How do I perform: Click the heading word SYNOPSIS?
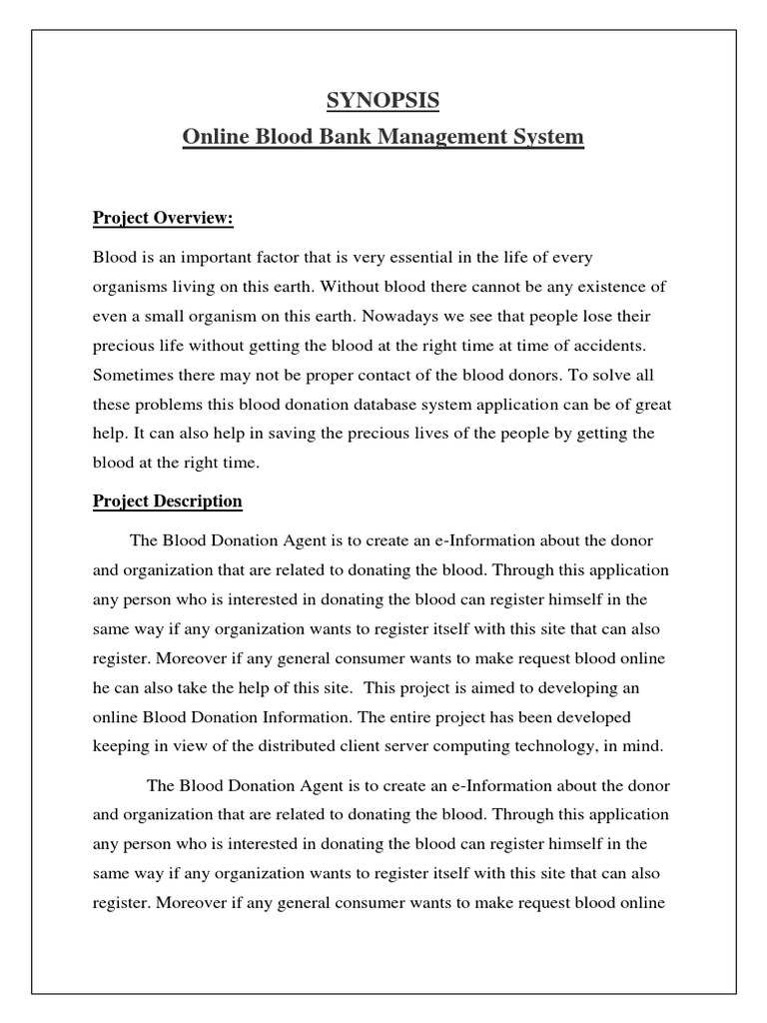click(x=383, y=101)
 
